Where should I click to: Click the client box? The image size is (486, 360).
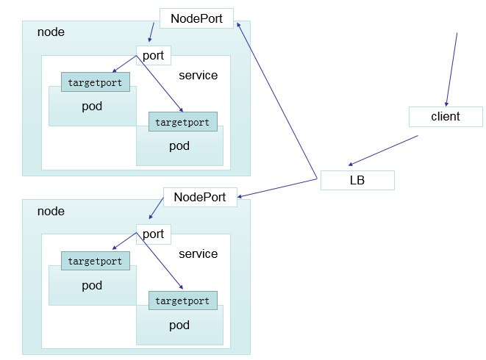coord(446,116)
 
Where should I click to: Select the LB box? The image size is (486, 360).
coord(357,180)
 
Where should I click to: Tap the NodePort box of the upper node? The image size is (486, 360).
coord(196,18)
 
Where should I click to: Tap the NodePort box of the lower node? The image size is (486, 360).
coord(199,197)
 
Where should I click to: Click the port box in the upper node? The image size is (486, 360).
coord(153,55)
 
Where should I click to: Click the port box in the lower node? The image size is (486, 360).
coord(153,234)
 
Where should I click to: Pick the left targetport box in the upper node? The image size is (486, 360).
coord(95,82)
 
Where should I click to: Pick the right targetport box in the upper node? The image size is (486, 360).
coord(182,122)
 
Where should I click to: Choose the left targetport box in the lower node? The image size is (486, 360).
coord(95,261)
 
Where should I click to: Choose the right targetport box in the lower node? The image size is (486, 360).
coord(182,300)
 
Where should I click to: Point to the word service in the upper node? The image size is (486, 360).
coord(199,76)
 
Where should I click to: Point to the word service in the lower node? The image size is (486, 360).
coord(199,254)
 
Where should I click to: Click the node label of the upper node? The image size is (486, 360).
coord(51,32)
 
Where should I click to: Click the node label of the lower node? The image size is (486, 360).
coord(51,212)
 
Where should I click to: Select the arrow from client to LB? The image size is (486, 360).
coord(383,151)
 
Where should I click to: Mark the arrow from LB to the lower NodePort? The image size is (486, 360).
coord(278,187)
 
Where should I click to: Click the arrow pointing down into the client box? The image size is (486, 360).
coord(451,70)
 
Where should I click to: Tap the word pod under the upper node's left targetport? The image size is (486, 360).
coord(92,107)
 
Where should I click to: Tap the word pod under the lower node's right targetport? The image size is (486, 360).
coord(179,325)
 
